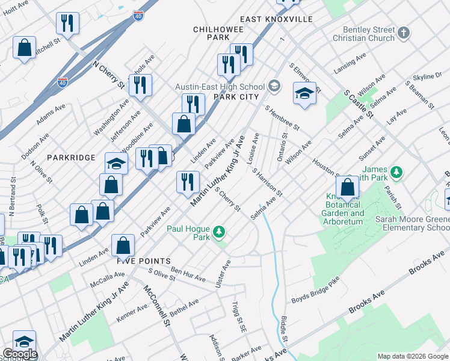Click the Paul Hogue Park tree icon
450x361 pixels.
click(220, 232)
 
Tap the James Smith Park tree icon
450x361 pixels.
click(396, 173)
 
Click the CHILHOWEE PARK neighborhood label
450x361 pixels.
click(211, 33)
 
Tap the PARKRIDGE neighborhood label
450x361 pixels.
click(70, 158)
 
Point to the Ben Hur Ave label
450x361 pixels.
click(190, 274)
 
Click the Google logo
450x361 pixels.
click(19, 354)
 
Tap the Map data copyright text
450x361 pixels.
click(413, 356)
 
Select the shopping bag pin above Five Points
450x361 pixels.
click(123, 245)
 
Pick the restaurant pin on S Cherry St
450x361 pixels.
click(188, 182)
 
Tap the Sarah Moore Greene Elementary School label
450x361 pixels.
click(412, 224)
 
